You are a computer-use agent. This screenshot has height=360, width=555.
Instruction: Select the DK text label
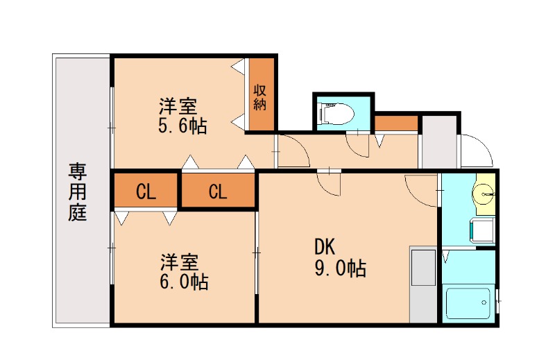(325, 246)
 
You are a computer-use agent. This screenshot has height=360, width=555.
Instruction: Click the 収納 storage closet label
(261, 96)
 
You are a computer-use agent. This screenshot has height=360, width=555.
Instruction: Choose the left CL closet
(146, 191)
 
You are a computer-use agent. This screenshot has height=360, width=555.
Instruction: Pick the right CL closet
(218, 191)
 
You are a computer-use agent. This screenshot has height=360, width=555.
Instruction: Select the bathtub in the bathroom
(468, 303)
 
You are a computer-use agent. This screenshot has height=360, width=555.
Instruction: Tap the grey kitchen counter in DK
(422, 284)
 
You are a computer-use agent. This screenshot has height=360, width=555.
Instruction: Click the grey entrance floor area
(439, 142)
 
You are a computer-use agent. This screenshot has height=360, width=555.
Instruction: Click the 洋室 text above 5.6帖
(178, 107)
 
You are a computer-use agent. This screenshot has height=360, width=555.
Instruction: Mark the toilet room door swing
(359, 142)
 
